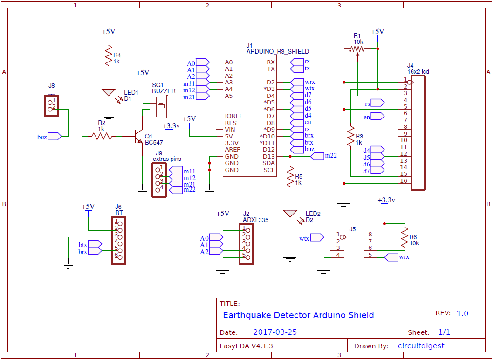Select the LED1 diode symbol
coord(108,92)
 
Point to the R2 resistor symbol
coord(102,136)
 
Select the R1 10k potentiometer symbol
coord(357,48)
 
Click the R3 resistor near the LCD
coord(350,138)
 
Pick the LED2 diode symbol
coord(290,214)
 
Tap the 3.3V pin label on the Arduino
coord(232,143)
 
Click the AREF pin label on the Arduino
coord(233,149)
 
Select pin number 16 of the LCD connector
coord(404,180)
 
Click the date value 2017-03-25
coord(275,332)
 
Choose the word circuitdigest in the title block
coord(421,346)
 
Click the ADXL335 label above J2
coord(255,219)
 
